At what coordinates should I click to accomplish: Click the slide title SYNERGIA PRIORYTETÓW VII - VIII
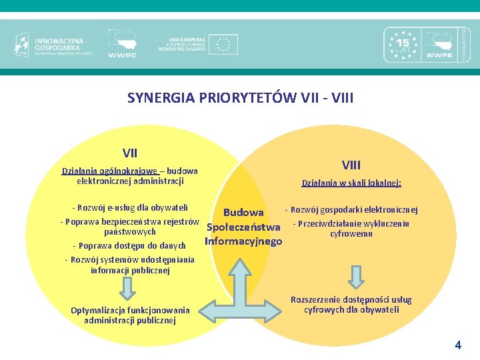[x=240, y=98]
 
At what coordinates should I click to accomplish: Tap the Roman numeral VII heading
[x=131, y=153]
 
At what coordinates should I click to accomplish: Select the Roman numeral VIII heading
[x=351, y=165]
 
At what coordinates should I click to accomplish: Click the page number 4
[x=457, y=345]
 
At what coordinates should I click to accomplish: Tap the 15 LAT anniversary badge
[x=402, y=44]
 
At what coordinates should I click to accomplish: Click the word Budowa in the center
[x=243, y=213]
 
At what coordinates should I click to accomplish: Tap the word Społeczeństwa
[x=243, y=227]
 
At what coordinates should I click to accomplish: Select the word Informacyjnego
[x=243, y=241]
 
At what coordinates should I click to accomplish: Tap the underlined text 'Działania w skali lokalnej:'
[x=351, y=183]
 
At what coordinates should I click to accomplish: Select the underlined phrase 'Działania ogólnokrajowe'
[x=110, y=171]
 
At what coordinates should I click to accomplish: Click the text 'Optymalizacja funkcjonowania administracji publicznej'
[x=130, y=315]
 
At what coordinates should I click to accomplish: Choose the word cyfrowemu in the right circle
[x=351, y=234]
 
